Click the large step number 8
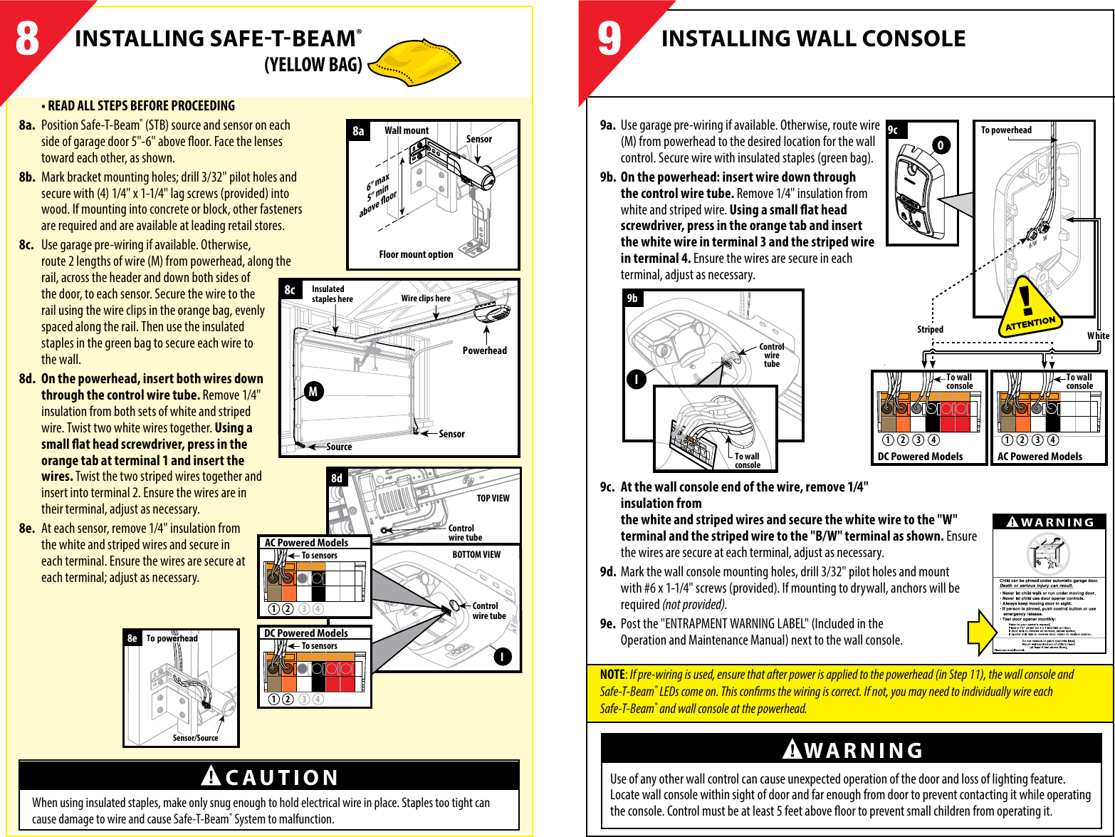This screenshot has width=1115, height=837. (x=28, y=40)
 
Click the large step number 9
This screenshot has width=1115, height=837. (x=609, y=40)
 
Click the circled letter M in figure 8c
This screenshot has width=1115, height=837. (x=313, y=391)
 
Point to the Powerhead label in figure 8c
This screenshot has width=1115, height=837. (x=484, y=350)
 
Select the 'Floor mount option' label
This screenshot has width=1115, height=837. (x=416, y=254)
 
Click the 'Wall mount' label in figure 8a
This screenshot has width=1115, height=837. (x=407, y=130)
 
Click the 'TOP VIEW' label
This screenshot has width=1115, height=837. (x=493, y=499)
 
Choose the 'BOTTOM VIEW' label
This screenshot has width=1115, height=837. (x=476, y=554)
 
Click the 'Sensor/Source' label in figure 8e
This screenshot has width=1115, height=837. (x=195, y=738)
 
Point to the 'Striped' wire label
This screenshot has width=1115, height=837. (x=930, y=329)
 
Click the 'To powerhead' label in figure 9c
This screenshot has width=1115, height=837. (x=1005, y=130)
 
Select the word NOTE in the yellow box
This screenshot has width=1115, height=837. (x=612, y=675)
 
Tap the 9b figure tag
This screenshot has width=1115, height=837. (x=632, y=298)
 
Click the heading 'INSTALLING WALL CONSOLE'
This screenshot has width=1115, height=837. (x=813, y=38)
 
